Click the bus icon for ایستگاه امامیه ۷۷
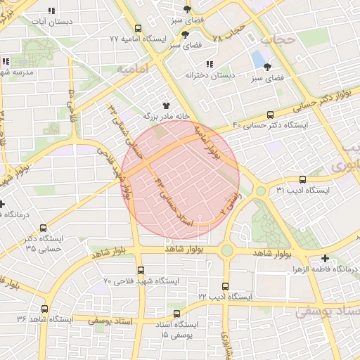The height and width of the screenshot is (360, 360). click(137, 29)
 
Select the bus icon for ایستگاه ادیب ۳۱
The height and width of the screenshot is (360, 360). click(302, 180)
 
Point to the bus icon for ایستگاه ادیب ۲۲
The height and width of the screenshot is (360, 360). click(225, 286)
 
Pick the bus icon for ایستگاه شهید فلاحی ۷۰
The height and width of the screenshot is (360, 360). click(141, 270)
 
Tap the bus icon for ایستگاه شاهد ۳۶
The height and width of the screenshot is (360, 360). click(45, 309)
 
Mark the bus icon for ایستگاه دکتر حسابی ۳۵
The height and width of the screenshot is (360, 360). click(44, 228)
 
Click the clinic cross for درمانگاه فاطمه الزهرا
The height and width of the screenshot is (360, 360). click(324, 259)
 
